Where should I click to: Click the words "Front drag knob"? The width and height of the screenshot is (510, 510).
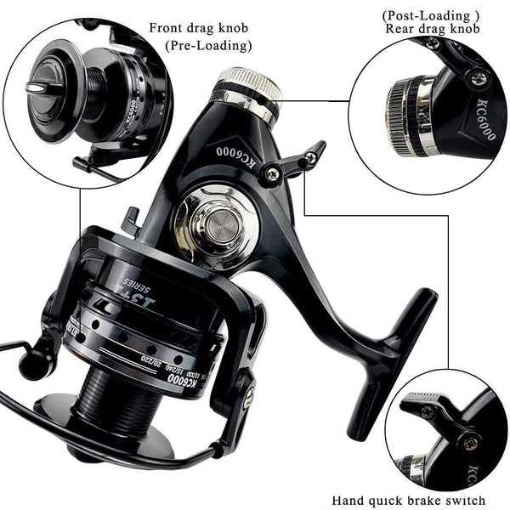click(x=201, y=27)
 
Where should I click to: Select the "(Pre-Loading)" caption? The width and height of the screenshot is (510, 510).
click(x=209, y=46)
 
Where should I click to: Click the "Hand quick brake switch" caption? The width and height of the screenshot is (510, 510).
click(x=408, y=501)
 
